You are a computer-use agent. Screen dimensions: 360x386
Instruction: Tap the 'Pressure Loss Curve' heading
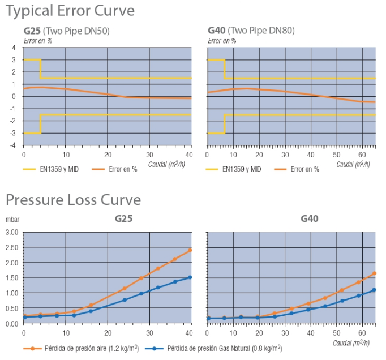click(73, 200)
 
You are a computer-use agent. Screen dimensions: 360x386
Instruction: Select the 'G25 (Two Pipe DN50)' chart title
click(66, 31)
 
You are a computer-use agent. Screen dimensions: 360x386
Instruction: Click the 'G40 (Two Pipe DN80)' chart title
click(251, 31)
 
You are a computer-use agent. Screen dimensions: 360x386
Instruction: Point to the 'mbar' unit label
click(12, 218)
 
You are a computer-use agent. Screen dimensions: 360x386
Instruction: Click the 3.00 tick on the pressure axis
click(12, 232)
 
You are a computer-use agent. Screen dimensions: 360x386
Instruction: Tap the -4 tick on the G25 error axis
click(14, 145)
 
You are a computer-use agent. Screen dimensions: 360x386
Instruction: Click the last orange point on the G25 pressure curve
click(190, 250)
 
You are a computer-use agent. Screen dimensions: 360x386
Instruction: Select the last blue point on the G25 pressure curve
click(190, 277)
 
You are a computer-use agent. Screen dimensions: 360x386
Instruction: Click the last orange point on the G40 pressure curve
click(374, 273)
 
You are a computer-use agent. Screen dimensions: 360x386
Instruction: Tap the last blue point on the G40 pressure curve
click(374, 290)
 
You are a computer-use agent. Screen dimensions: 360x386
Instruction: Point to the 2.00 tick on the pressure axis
click(12, 263)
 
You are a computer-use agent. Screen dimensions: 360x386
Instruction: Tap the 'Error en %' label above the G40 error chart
click(222, 40)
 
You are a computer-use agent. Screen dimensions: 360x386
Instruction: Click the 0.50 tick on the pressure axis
click(12, 308)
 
